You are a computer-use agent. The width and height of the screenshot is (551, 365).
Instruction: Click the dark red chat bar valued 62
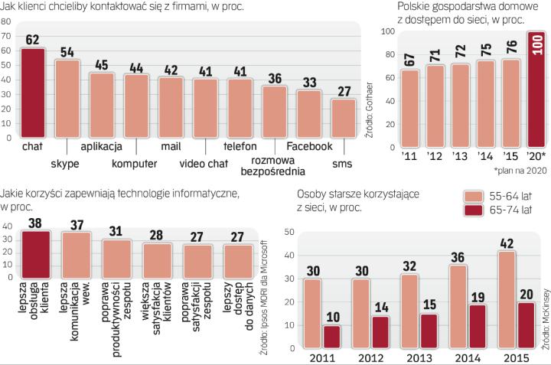click(x=33, y=92)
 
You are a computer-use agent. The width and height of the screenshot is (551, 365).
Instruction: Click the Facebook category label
click(x=309, y=146)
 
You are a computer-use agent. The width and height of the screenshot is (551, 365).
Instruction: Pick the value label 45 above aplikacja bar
click(x=102, y=65)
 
